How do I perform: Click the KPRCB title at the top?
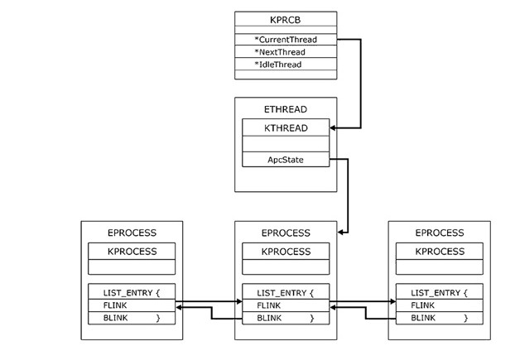[x=285, y=20]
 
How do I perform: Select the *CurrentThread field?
[x=286, y=39]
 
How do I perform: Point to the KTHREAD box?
[x=285, y=128]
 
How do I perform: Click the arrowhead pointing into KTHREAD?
[x=334, y=128]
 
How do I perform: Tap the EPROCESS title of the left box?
[x=132, y=233]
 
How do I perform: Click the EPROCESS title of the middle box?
[x=285, y=233]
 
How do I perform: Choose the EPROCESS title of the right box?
[x=439, y=233]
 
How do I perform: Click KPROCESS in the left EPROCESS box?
[x=132, y=252]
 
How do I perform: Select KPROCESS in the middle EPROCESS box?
[x=285, y=252]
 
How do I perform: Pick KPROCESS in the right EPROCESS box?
[x=439, y=252]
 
